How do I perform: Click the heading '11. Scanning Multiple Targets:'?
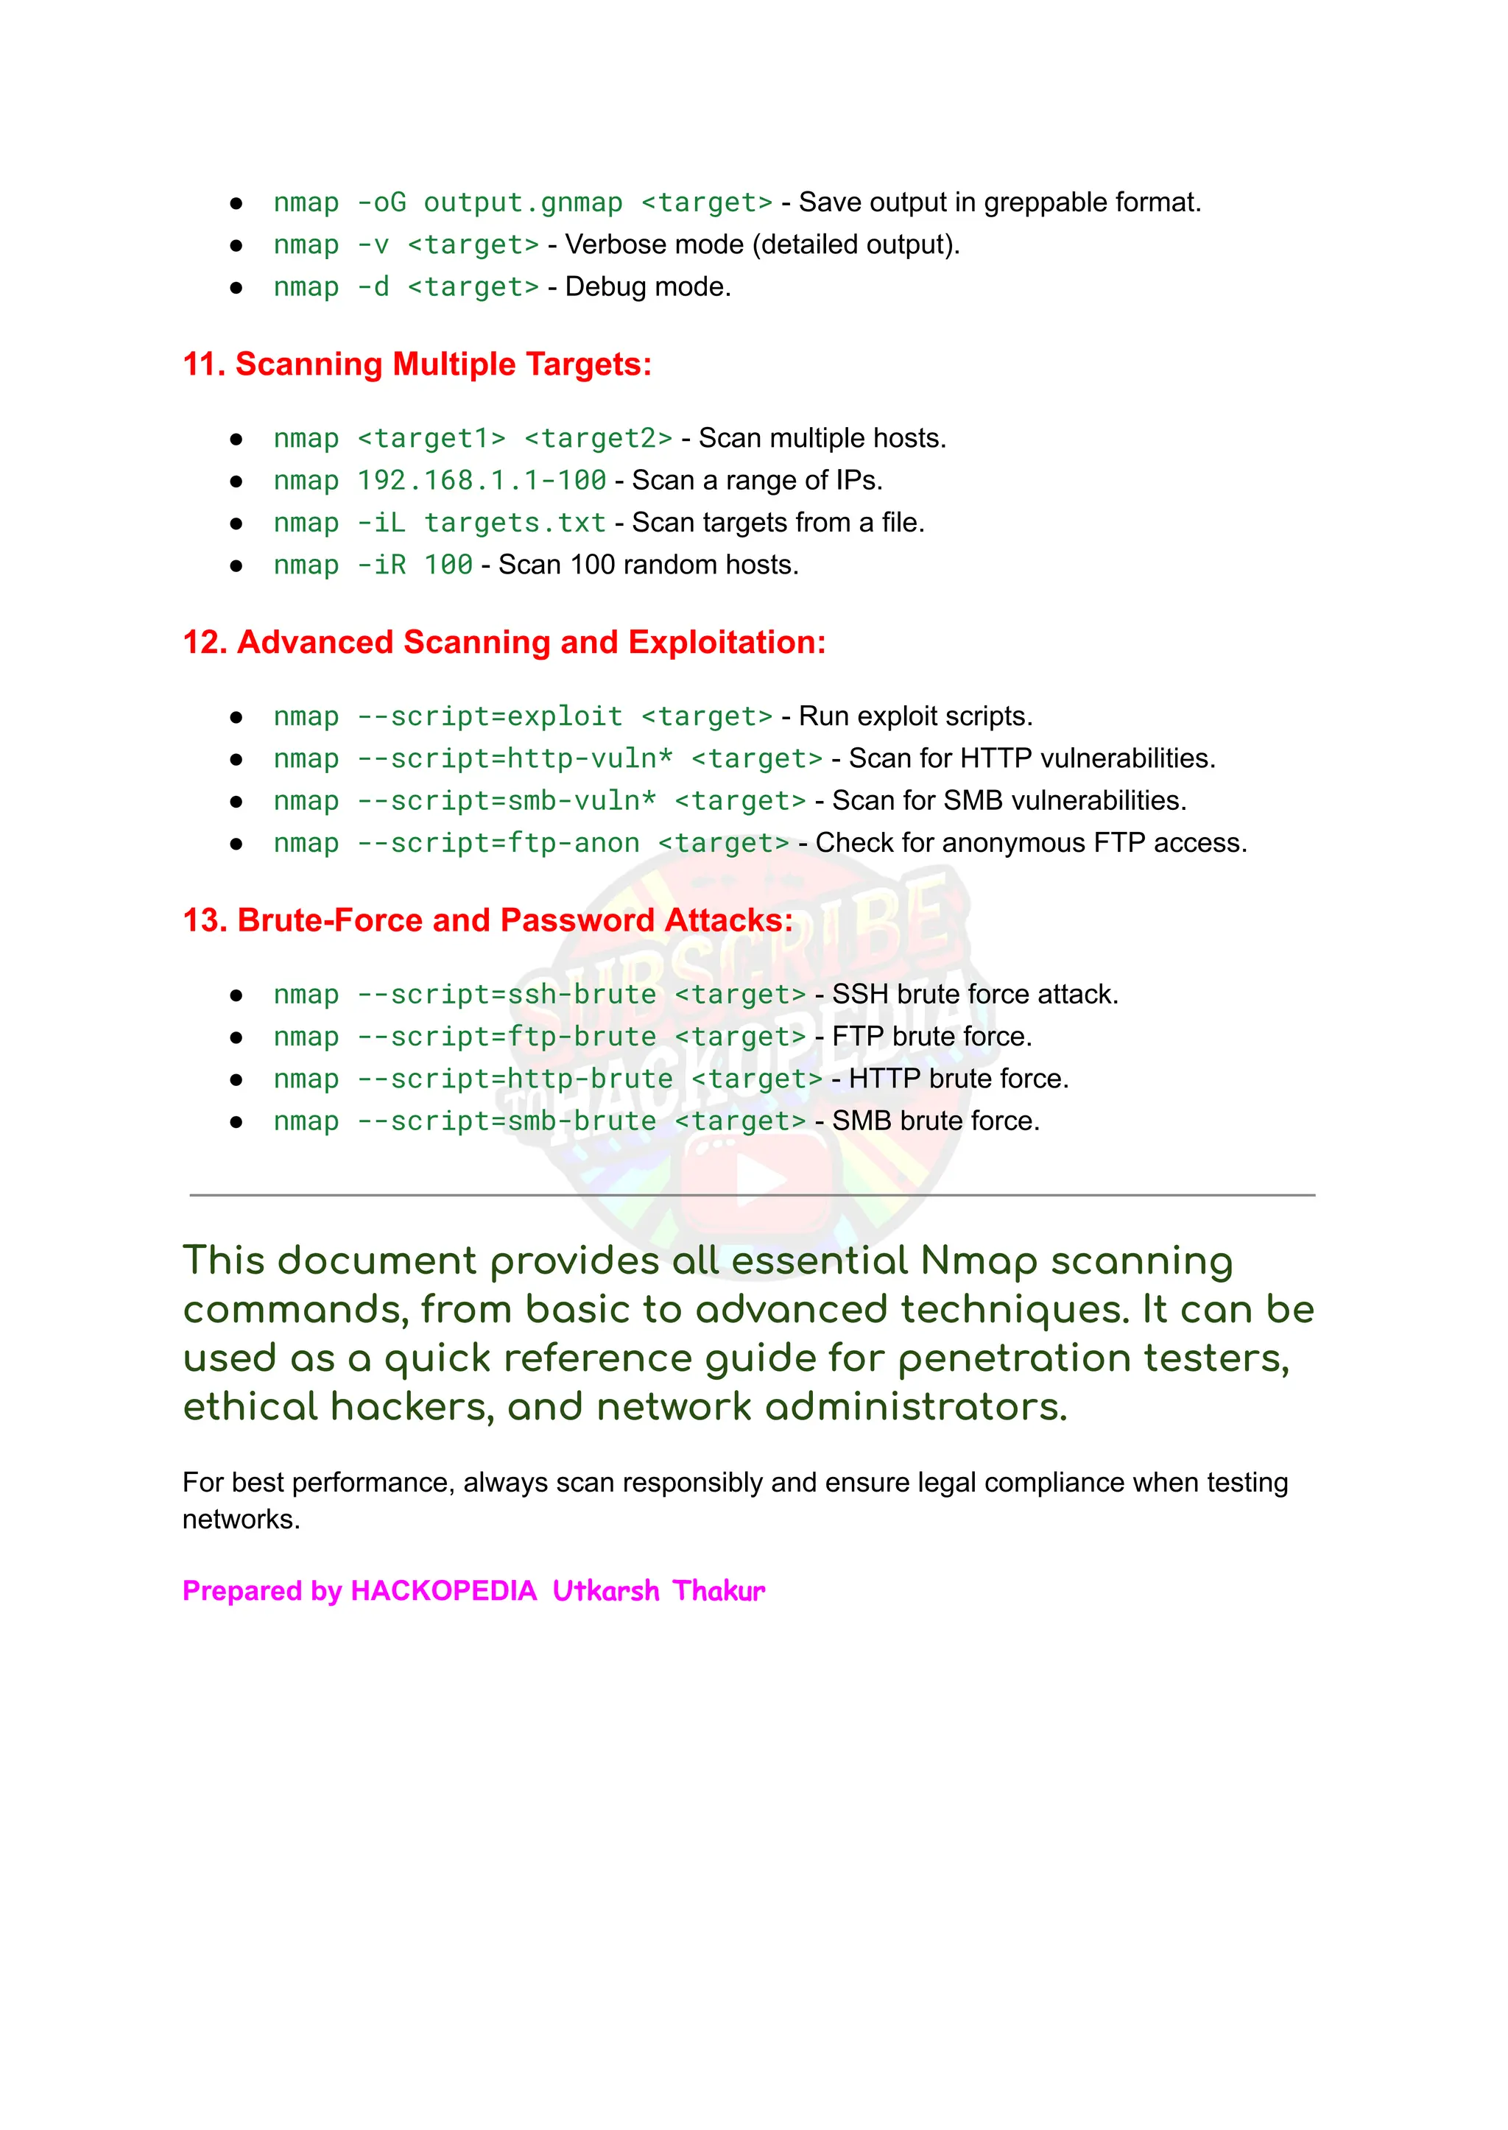tap(417, 364)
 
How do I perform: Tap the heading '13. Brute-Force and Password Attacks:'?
tap(487, 920)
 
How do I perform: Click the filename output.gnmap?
tap(523, 202)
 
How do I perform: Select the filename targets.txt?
tap(515, 523)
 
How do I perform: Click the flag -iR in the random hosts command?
tap(381, 565)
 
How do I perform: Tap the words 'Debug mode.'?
tap(647, 287)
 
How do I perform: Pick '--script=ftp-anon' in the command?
tap(498, 843)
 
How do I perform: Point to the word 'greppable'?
tap(1045, 202)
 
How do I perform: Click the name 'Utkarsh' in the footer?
tap(605, 1590)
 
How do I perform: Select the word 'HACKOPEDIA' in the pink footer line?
tap(444, 1590)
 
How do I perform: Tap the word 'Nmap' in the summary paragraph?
tap(979, 1261)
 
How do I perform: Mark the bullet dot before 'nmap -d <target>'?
tap(237, 288)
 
